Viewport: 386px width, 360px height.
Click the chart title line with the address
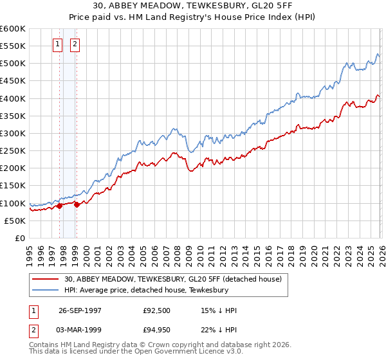[x=192, y=6]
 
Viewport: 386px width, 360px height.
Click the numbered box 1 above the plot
[x=58, y=44]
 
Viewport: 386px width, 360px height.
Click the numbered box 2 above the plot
[x=75, y=44]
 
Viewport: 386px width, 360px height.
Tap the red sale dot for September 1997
[x=60, y=206]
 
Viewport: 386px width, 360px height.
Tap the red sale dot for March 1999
[x=76, y=205]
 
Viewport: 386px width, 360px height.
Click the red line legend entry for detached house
[x=172, y=279]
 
